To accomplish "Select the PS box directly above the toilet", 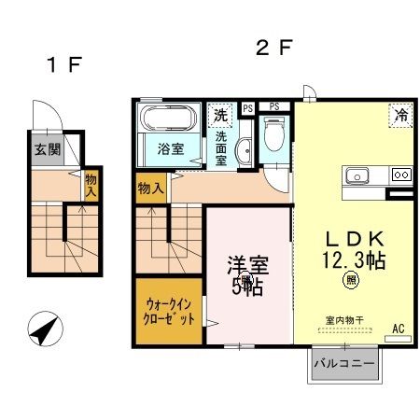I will [x=275, y=106].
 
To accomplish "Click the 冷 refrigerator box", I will [x=399, y=117].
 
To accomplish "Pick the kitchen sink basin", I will [x=358, y=175].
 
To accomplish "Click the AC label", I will [x=398, y=329].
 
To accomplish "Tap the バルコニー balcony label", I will [x=344, y=361].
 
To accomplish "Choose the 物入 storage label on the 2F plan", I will [x=151, y=189].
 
